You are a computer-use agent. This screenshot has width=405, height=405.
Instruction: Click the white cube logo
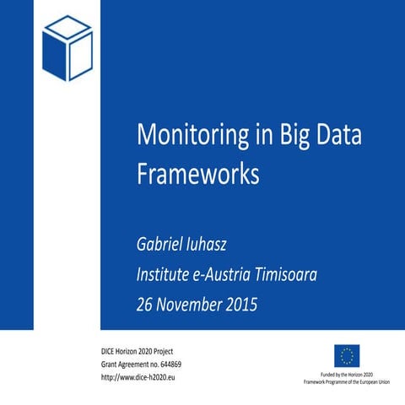tap(67, 48)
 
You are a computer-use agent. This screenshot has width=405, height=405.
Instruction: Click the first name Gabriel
tap(164, 245)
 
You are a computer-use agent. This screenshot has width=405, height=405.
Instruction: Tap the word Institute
tap(168, 274)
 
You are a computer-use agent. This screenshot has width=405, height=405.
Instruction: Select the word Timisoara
tap(312, 274)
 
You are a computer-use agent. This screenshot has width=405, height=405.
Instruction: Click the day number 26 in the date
tap(146, 304)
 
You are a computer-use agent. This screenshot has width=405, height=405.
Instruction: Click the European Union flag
tap(347, 354)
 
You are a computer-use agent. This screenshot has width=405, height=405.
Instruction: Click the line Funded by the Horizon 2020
tap(346, 373)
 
